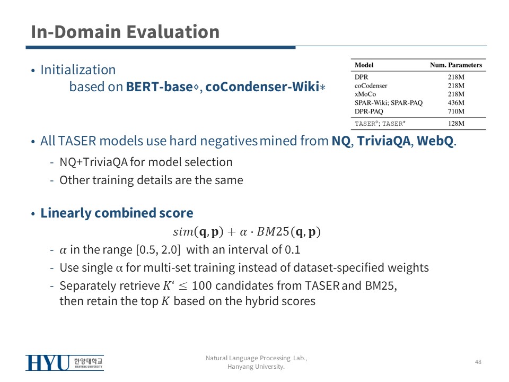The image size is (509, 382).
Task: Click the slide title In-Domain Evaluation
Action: pyautogui.click(x=125, y=32)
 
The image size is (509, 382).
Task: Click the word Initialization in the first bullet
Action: pyautogui.click(x=78, y=70)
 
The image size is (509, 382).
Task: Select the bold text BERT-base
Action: pyautogui.click(x=160, y=86)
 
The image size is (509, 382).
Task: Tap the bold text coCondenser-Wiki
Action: pyautogui.click(x=262, y=86)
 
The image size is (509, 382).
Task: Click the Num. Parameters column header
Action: pyautogui.click(x=456, y=65)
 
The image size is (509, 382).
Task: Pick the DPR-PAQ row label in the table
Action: pyautogui.click(x=369, y=111)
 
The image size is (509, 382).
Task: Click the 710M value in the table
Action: pyautogui.click(x=456, y=111)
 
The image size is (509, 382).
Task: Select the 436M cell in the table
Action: pyautogui.click(x=456, y=102)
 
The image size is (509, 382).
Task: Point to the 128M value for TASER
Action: pyautogui.click(x=456, y=124)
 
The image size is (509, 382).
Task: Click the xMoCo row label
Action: pyautogui.click(x=365, y=94)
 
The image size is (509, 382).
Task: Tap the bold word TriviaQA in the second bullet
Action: pyautogui.click(x=384, y=141)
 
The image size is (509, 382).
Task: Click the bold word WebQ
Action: pyautogui.click(x=435, y=141)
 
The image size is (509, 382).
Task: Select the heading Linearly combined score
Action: pyautogui.click(x=117, y=213)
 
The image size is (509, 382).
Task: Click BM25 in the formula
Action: pyautogui.click(x=273, y=232)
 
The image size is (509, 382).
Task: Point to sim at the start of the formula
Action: pyautogui.click(x=183, y=232)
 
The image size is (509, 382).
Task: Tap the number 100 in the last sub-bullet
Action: pyautogui.click(x=201, y=286)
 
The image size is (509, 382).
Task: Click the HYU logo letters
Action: pyautogui.click(x=48, y=363)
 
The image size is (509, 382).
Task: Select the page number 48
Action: pyautogui.click(x=478, y=362)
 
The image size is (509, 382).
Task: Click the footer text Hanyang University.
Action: pyautogui.click(x=256, y=367)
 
